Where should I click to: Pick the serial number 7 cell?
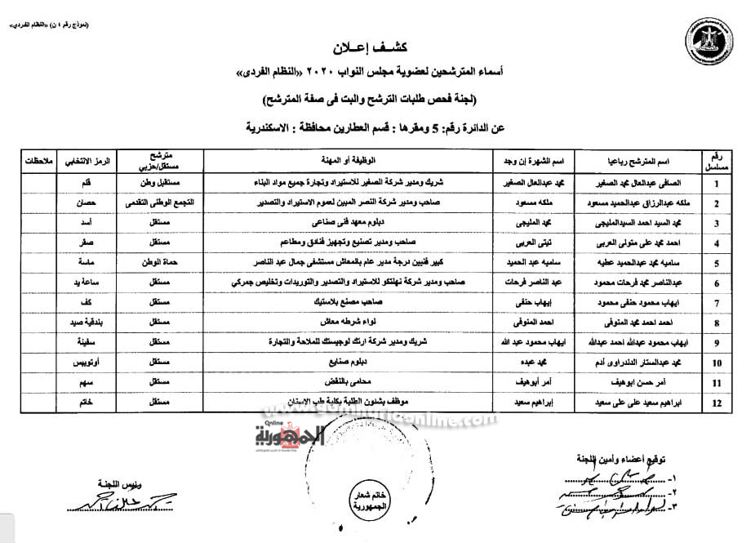coord(715,302)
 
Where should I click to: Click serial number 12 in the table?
coord(715,403)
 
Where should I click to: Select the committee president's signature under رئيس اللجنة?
coord(85,502)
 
